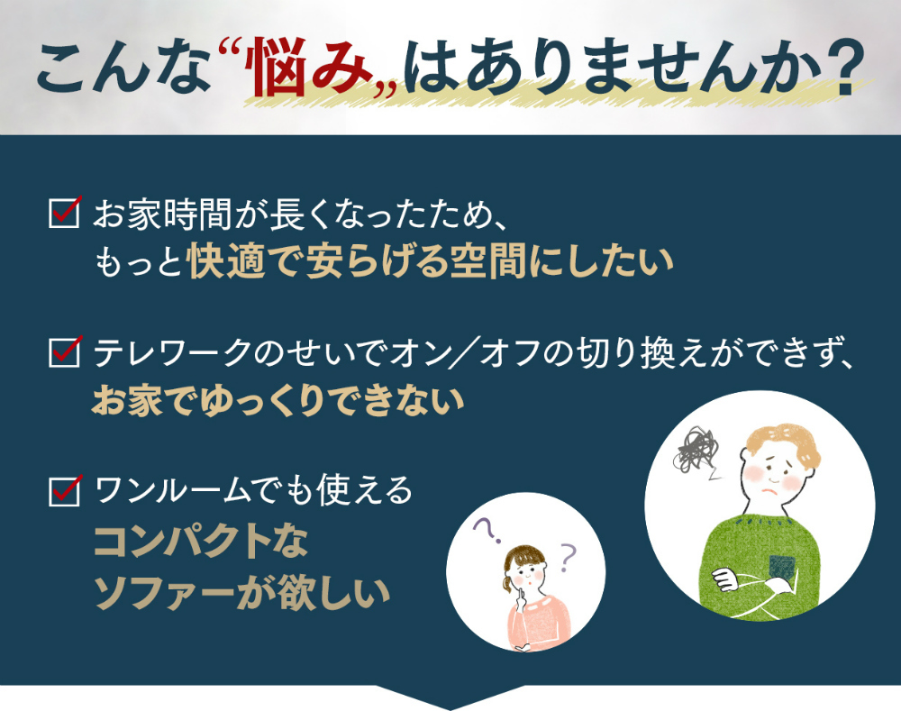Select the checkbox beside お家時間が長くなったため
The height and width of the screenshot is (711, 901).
64,212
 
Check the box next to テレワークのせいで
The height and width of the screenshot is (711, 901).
64,351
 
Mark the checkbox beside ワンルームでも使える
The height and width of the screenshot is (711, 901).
64,490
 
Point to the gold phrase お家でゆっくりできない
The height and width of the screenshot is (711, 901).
278,401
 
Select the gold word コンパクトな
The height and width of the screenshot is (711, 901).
201,542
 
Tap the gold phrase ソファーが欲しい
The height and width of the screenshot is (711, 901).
241,593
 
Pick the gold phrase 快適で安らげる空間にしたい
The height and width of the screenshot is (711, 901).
430,261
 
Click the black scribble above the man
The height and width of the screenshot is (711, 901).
697,450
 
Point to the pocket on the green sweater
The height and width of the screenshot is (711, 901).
782,566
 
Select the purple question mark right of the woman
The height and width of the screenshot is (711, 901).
567,556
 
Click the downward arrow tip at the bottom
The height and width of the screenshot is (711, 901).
450,709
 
